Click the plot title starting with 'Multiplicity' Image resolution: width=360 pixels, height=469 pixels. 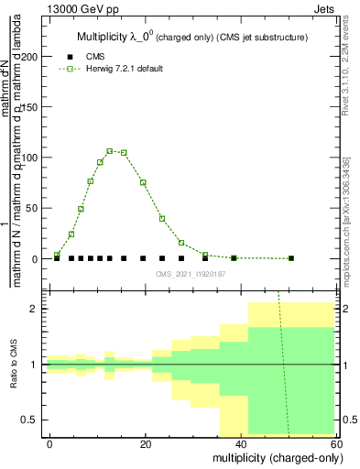[x=191, y=37]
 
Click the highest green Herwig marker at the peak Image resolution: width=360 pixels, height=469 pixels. [x=110, y=151]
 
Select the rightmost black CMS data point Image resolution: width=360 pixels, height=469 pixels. [x=291, y=258]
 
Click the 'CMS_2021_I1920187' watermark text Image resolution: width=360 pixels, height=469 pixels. [x=191, y=273]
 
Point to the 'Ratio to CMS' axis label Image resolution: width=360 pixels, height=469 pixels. [x=14, y=365]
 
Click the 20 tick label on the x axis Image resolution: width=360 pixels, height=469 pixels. [x=145, y=443]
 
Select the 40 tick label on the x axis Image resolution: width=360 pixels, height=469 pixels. [x=240, y=443]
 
